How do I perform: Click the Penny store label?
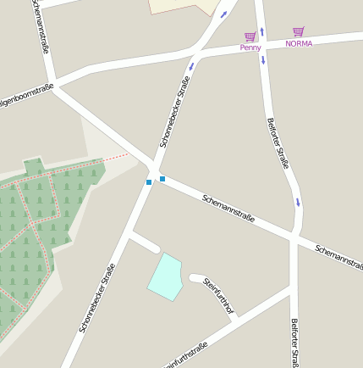(x=250, y=47)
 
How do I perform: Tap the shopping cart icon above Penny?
(x=250, y=36)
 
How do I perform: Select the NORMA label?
(x=299, y=43)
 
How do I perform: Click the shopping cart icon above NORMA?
(x=298, y=31)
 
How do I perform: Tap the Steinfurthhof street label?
(x=218, y=297)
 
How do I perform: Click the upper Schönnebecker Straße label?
(x=174, y=113)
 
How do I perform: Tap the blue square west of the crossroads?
(x=149, y=182)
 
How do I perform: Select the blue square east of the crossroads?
(x=162, y=179)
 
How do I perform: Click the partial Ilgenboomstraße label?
(x=25, y=94)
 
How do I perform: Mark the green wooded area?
(x=42, y=220)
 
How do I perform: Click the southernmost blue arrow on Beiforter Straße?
(x=298, y=203)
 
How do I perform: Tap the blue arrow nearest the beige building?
(x=224, y=14)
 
